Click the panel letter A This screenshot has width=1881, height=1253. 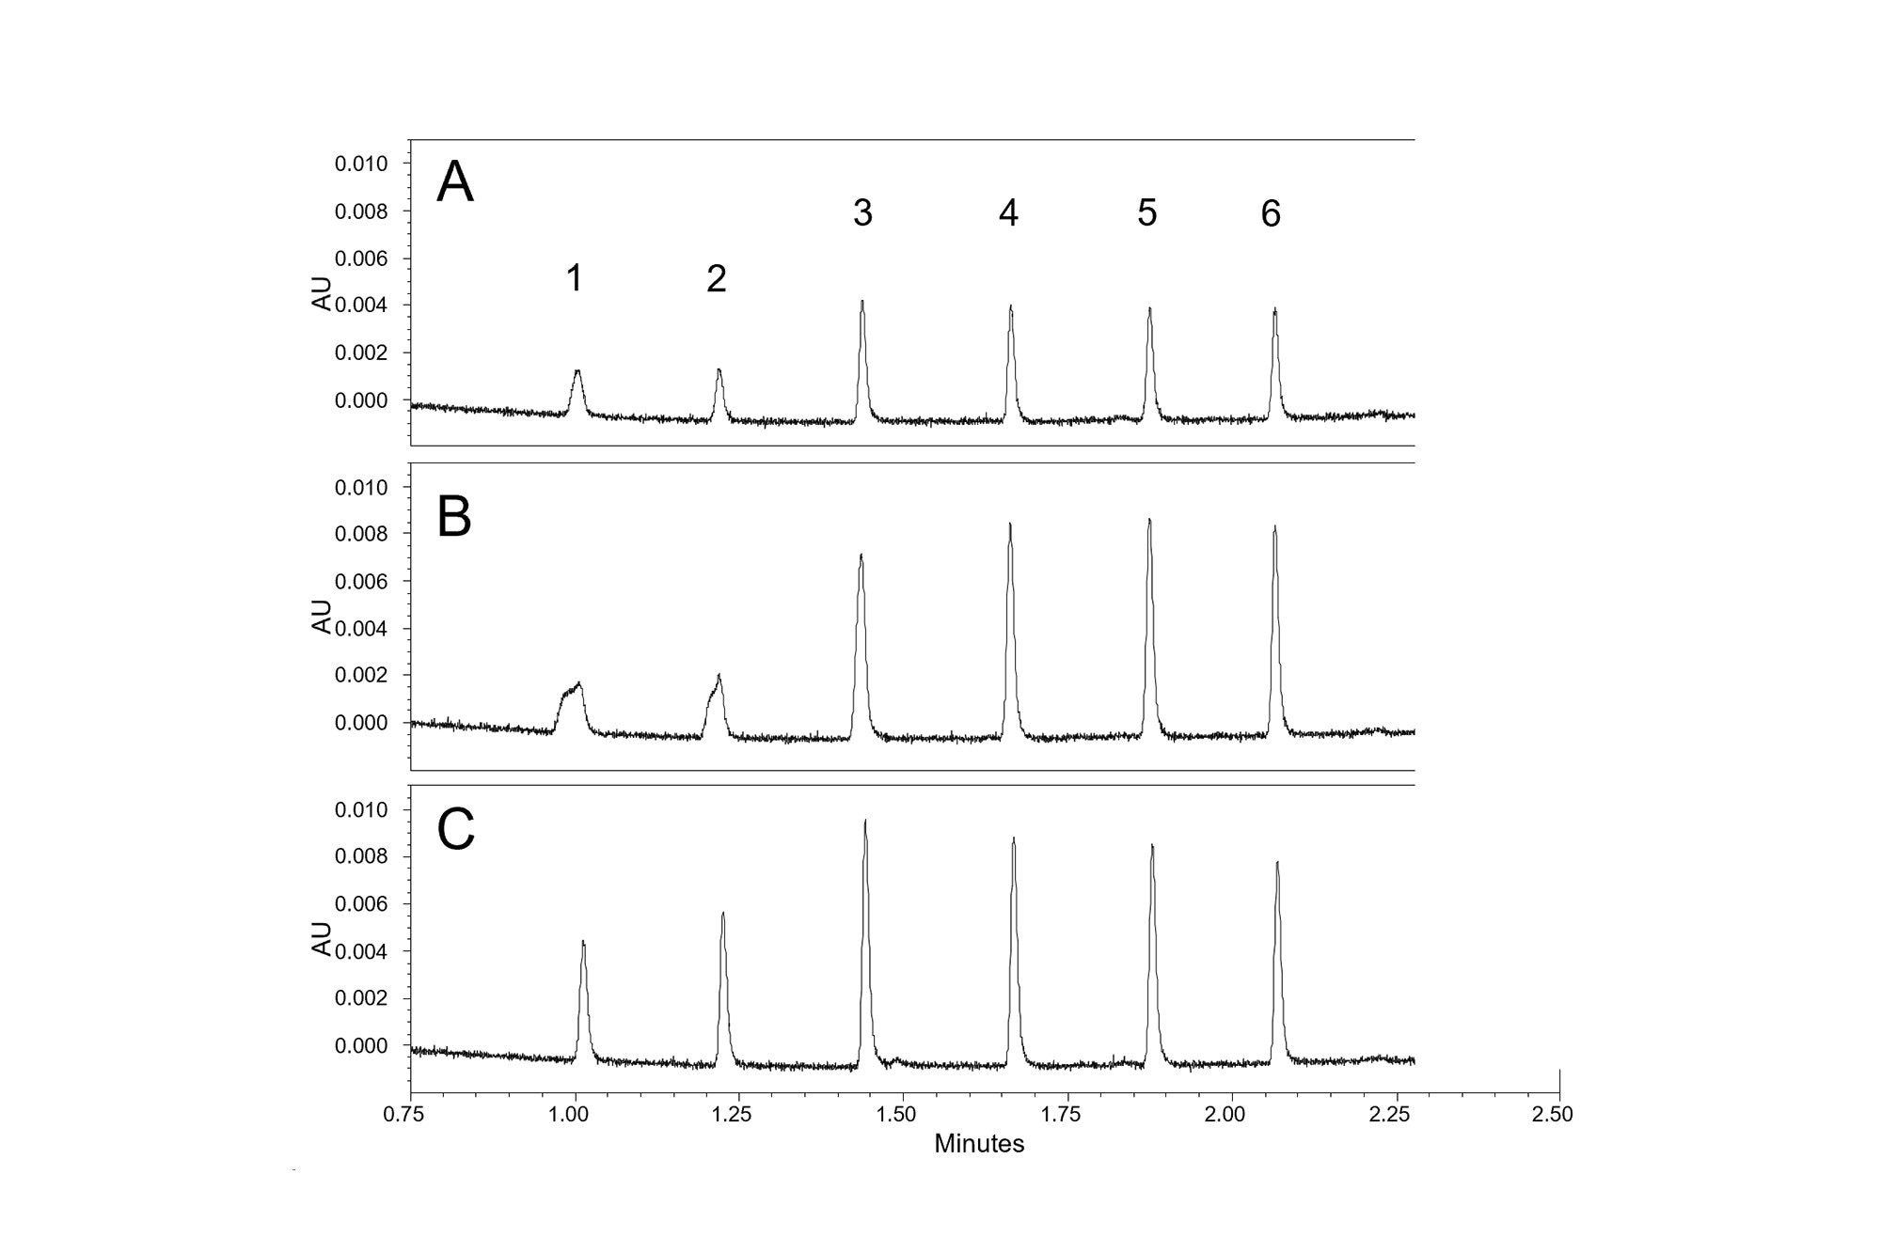[455, 182]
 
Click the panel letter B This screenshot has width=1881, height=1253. [454, 516]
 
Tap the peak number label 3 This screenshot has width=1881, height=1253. [862, 213]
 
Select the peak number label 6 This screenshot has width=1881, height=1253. [1271, 214]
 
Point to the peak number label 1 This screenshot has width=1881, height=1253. [575, 278]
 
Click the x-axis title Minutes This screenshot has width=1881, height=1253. [979, 1144]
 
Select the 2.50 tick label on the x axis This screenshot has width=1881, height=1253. [1553, 1115]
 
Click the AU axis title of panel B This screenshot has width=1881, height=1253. [323, 617]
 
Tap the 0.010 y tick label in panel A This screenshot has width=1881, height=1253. [361, 164]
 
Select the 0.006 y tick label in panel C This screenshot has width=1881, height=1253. [361, 904]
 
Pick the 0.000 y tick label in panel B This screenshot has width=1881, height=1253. [361, 723]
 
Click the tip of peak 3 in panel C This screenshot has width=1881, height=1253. [865, 821]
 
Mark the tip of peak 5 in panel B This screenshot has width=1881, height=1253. [1149, 520]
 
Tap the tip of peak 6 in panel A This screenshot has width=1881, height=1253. [1274, 309]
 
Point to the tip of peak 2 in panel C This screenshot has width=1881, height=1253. [723, 913]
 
